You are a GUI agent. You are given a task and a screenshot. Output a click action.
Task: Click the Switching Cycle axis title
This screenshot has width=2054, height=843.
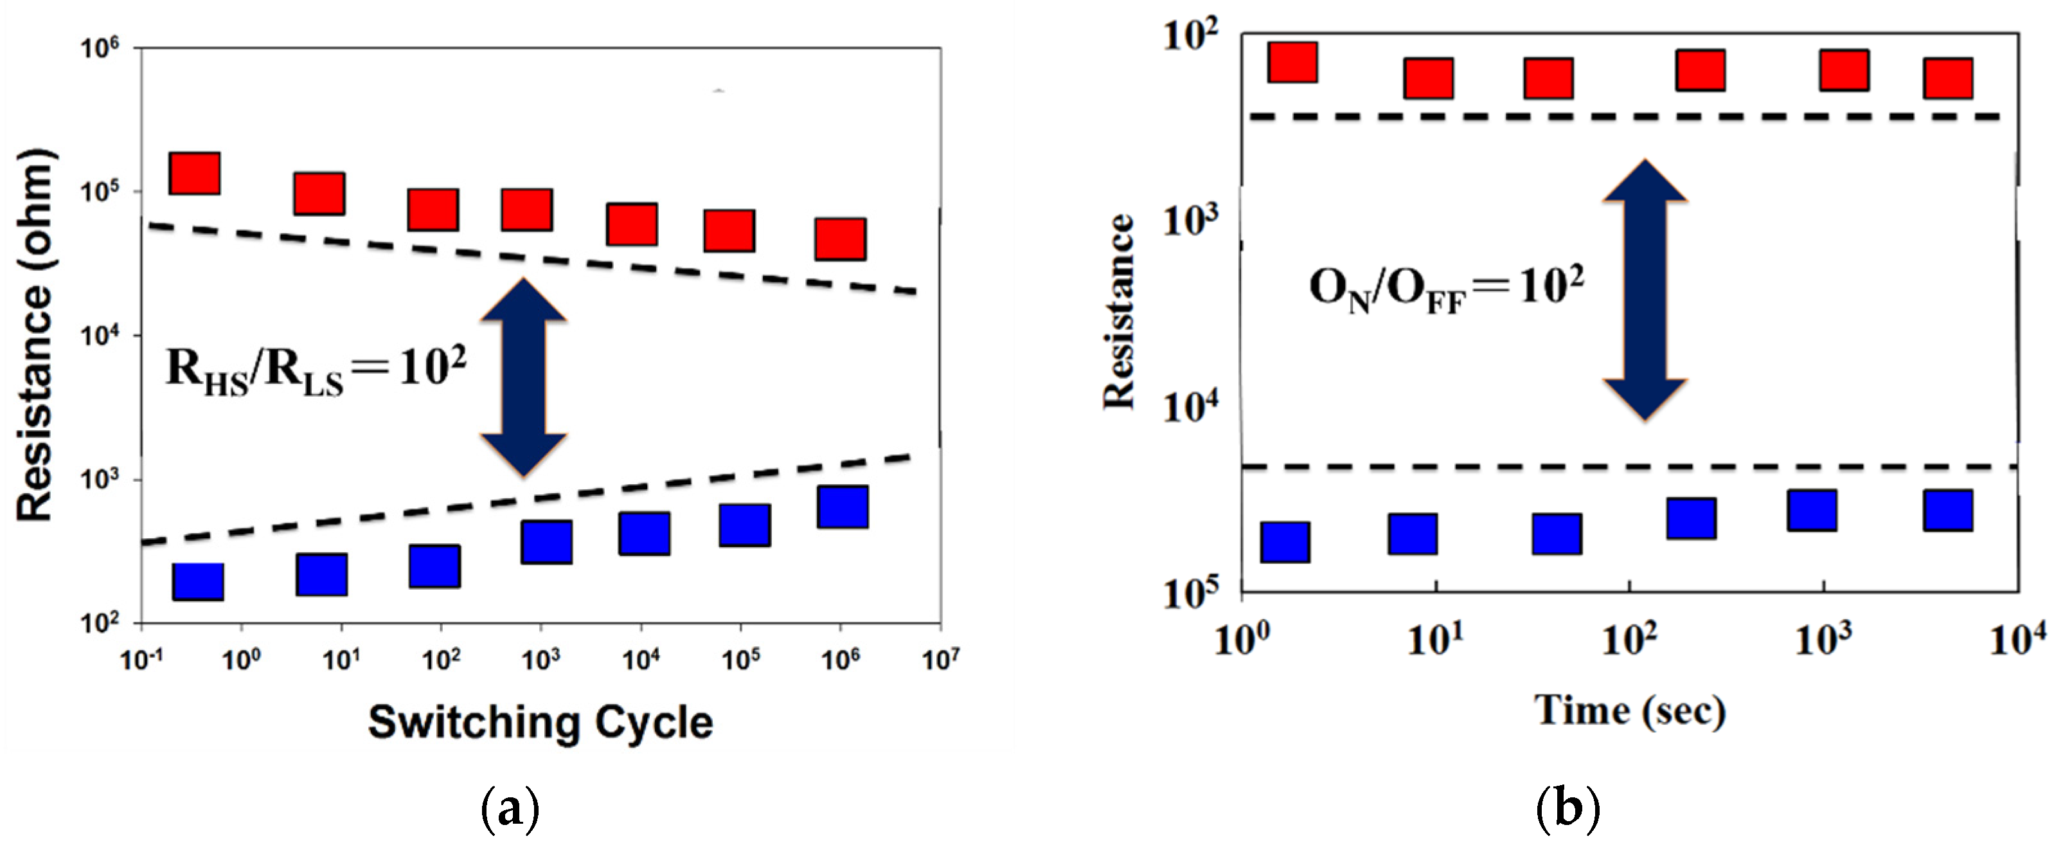[x=540, y=723]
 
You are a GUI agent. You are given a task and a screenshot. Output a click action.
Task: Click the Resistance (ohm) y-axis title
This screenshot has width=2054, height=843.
[x=36, y=335]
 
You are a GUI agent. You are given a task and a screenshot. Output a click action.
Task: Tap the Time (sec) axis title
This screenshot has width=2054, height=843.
[x=1630, y=710]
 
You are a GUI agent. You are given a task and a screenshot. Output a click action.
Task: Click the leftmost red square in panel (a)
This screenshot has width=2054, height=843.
[x=195, y=173]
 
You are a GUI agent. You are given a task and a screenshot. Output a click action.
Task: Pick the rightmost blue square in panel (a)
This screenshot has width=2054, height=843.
[x=843, y=507]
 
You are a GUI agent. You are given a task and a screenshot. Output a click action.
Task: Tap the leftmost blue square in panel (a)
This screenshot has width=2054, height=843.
[x=198, y=581]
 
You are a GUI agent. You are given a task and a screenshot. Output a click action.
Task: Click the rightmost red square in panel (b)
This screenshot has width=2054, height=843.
[x=1948, y=78]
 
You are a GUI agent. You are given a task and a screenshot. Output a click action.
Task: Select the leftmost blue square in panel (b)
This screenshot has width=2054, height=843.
[x=1285, y=542]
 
